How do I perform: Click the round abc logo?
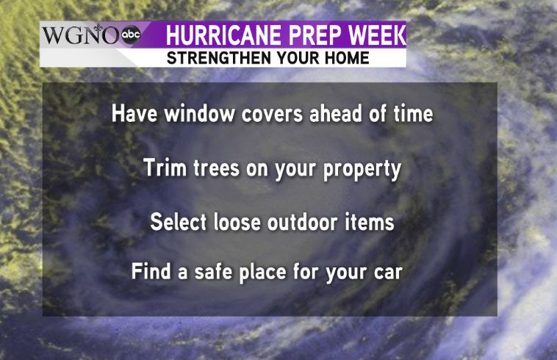pyautogui.click(x=131, y=35)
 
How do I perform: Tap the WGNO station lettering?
pyautogui.click(x=81, y=35)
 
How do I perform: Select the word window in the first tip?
pyautogui.click(x=199, y=114)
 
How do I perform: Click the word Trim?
pyautogui.click(x=165, y=168)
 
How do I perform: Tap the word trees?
pyautogui.click(x=216, y=169)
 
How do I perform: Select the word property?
pyautogui.click(x=362, y=170)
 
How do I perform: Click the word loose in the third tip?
pyautogui.click(x=237, y=222)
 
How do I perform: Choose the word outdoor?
pyautogui.click(x=302, y=222)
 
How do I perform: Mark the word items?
pyautogui.click(x=369, y=222)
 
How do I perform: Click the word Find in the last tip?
pyautogui.click(x=151, y=271)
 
